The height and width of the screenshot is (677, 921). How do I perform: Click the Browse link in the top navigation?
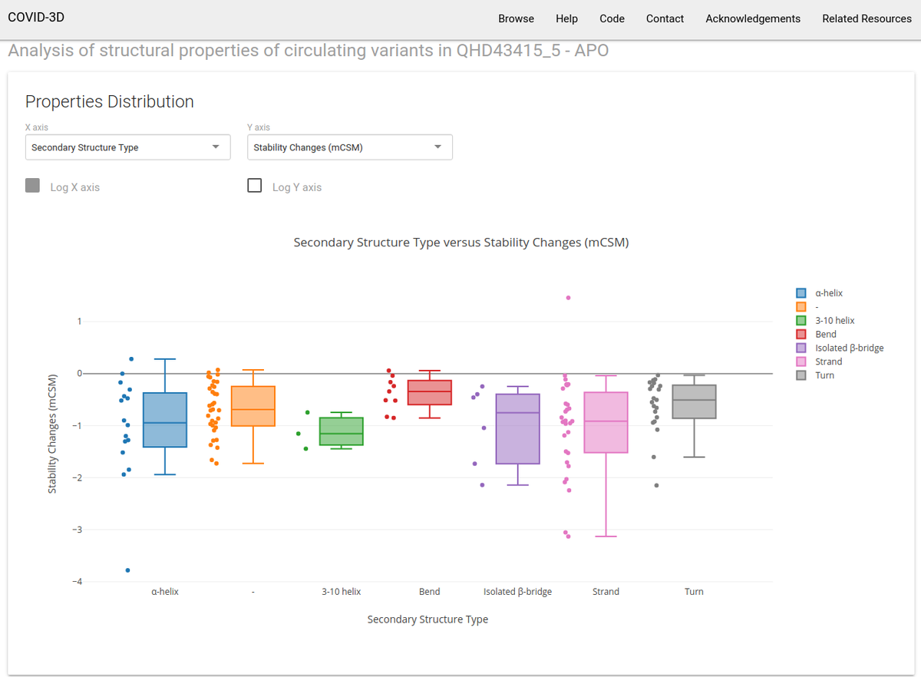click(x=516, y=18)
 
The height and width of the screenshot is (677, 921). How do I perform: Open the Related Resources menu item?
click(x=867, y=18)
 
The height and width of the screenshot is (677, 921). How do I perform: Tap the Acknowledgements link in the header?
click(x=752, y=18)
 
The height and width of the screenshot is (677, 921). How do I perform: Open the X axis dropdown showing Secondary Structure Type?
click(x=127, y=147)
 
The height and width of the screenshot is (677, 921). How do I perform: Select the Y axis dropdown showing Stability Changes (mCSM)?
click(x=349, y=147)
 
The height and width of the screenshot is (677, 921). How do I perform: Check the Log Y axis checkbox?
click(x=255, y=186)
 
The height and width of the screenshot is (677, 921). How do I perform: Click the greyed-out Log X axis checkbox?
click(x=33, y=186)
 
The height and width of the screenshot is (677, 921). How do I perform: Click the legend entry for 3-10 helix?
click(x=834, y=320)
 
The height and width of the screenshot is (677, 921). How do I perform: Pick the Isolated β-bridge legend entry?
click(x=848, y=348)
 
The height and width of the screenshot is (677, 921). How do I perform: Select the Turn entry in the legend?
click(x=824, y=375)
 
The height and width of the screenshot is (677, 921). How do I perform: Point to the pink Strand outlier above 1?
click(x=568, y=298)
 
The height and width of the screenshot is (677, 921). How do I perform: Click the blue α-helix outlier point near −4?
click(x=127, y=570)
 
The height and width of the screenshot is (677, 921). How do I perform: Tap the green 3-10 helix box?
click(x=342, y=431)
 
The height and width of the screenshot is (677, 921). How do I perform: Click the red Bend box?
click(x=430, y=392)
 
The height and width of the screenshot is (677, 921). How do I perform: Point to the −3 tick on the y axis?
click(x=76, y=530)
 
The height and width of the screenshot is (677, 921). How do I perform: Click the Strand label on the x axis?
click(x=606, y=592)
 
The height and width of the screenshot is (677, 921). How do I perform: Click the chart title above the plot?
click(x=461, y=243)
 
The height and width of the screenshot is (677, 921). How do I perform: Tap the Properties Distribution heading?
click(x=110, y=101)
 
